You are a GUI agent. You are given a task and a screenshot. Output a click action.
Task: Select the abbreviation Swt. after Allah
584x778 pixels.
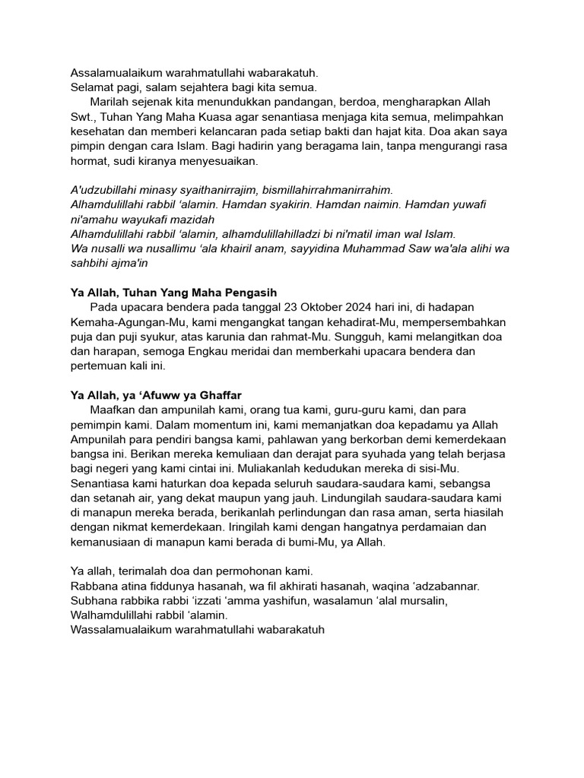pos(81,117)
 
